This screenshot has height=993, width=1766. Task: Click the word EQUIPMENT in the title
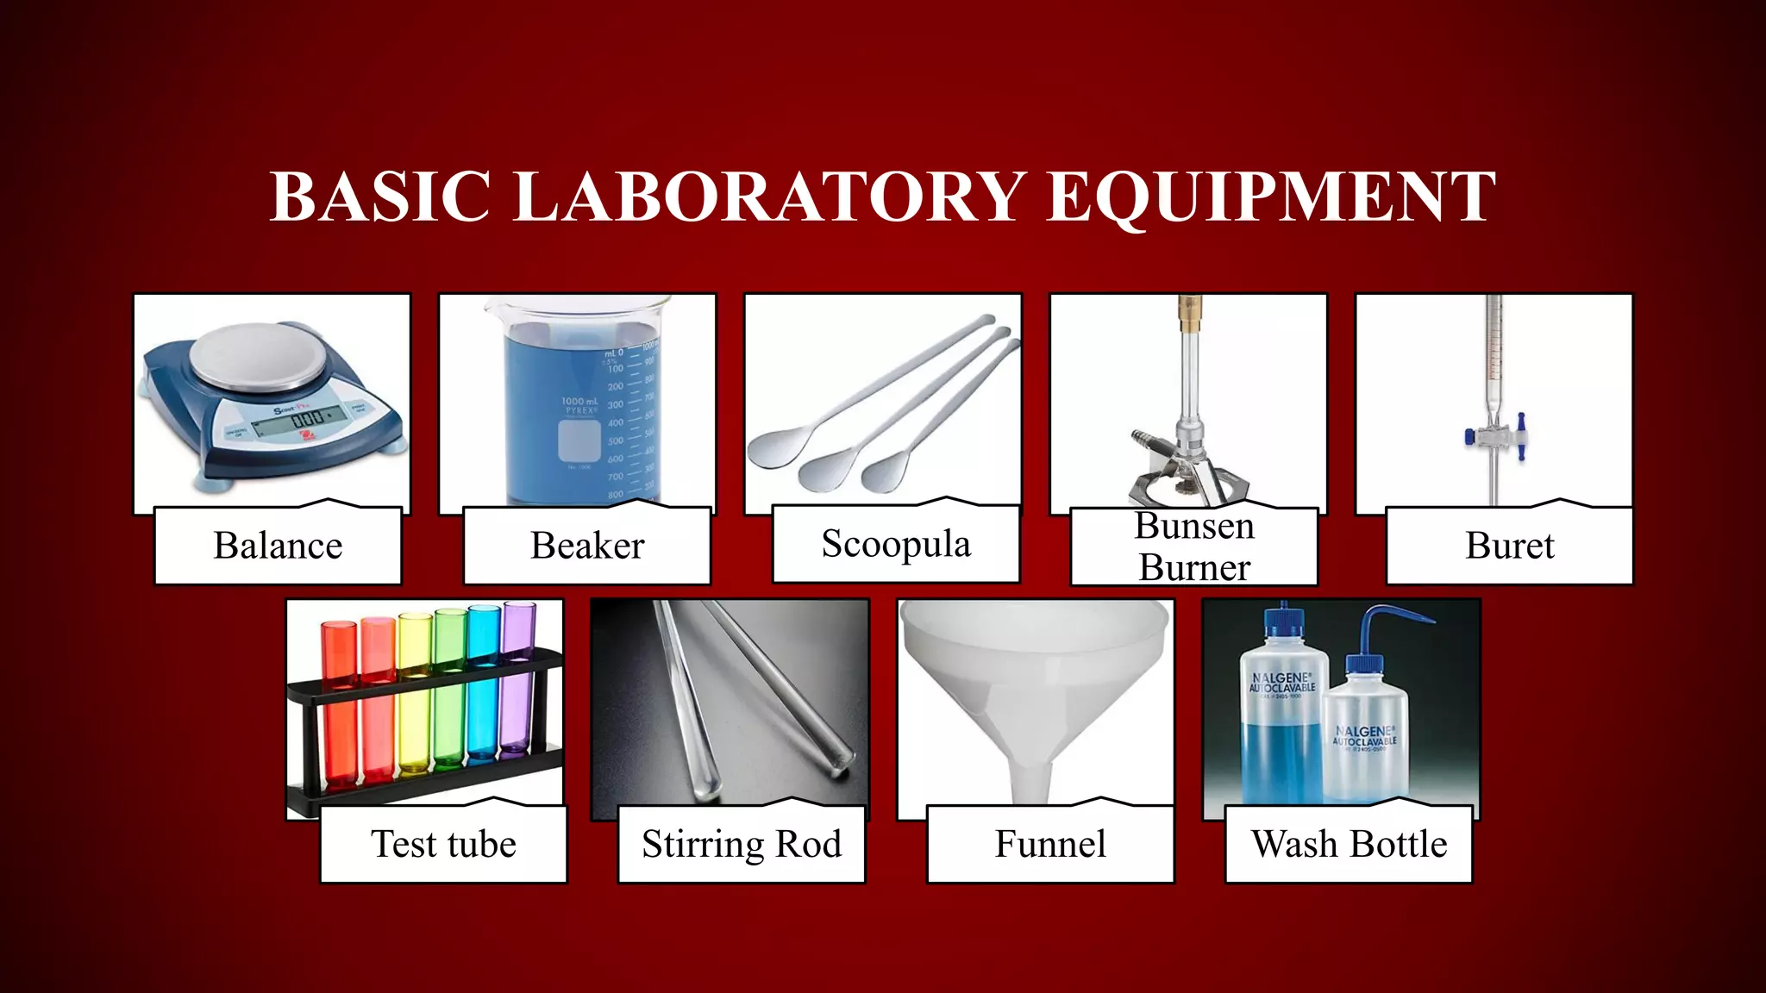[x=1271, y=197]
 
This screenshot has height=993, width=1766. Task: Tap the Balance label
[x=278, y=546]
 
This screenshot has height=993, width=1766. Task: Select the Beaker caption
[x=587, y=546]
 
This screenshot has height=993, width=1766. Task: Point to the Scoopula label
[x=896, y=544]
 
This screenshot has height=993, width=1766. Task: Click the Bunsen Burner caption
[x=1194, y=546]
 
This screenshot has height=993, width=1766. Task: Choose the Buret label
[x=1510, y=546]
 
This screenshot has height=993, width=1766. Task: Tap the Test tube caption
[x=443, y=844]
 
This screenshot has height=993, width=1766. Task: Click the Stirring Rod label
[x=742, y=844]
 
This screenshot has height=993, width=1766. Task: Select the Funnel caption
[x=1050, y=844]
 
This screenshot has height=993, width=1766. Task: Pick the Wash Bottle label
[x=1349, y=844]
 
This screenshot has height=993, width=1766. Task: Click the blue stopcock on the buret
[x=1521, y=434]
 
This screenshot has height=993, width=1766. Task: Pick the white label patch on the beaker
[x=579, y=440]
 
